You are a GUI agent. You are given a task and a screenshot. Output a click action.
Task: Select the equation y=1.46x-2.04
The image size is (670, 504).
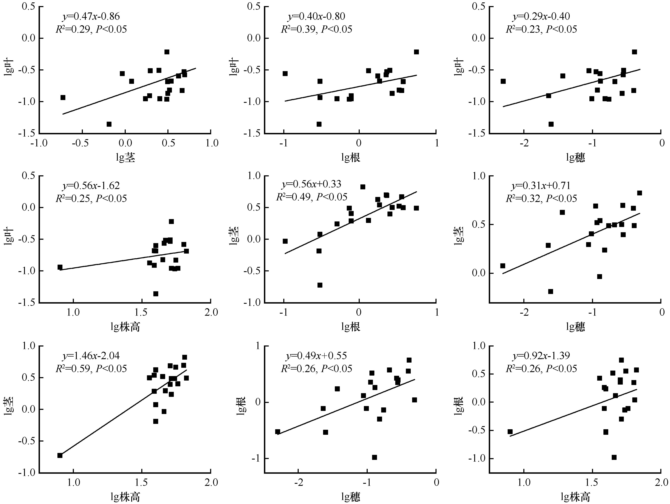click(91, 355)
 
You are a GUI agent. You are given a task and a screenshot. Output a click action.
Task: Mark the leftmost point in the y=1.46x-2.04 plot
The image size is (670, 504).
click(60, 456)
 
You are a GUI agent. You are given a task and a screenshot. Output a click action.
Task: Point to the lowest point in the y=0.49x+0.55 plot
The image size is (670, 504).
click(374, 457)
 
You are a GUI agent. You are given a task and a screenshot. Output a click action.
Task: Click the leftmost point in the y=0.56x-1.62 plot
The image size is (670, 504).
click(60, 267)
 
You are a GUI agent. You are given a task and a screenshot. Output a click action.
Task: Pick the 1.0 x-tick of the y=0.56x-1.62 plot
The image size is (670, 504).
click(73, 312)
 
